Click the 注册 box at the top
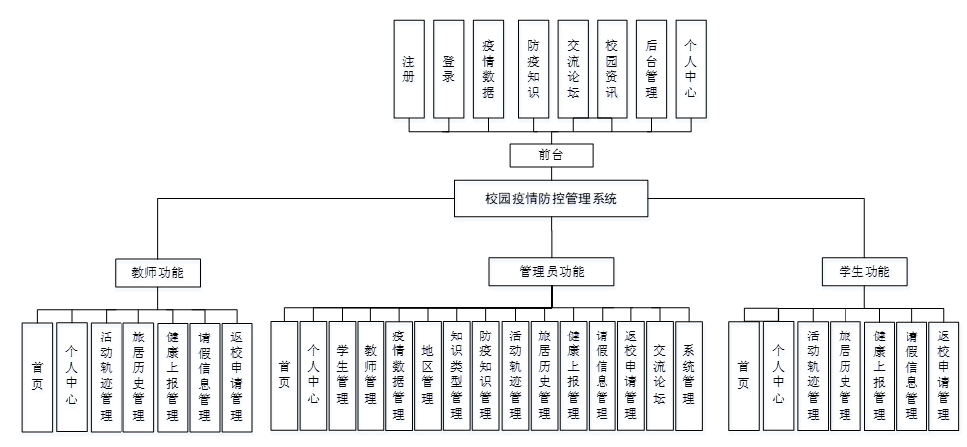(x=408, y=70)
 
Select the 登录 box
(x=449, y=70)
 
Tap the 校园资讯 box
(x=612, y=70)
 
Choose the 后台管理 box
(x=651, y=70)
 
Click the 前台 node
(x=551, y=155)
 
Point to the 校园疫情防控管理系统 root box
(x=551, y=198)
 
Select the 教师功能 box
(x=158, y=271)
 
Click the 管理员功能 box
(x=551, y=271)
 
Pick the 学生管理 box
(x=342, y=375)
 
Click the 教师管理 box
(x=370, y=375)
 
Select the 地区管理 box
(x=428, y=375)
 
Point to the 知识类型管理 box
(x=457, y=375)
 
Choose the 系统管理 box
(x=688, y=375)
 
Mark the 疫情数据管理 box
(x=399, y=375)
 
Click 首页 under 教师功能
(x=37, y=375)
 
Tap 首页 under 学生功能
(x=743, y=375)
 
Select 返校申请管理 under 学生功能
(x=943, y=375)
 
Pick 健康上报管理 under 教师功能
(x=171, y=375)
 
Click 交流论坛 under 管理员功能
(x=659, y=375)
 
